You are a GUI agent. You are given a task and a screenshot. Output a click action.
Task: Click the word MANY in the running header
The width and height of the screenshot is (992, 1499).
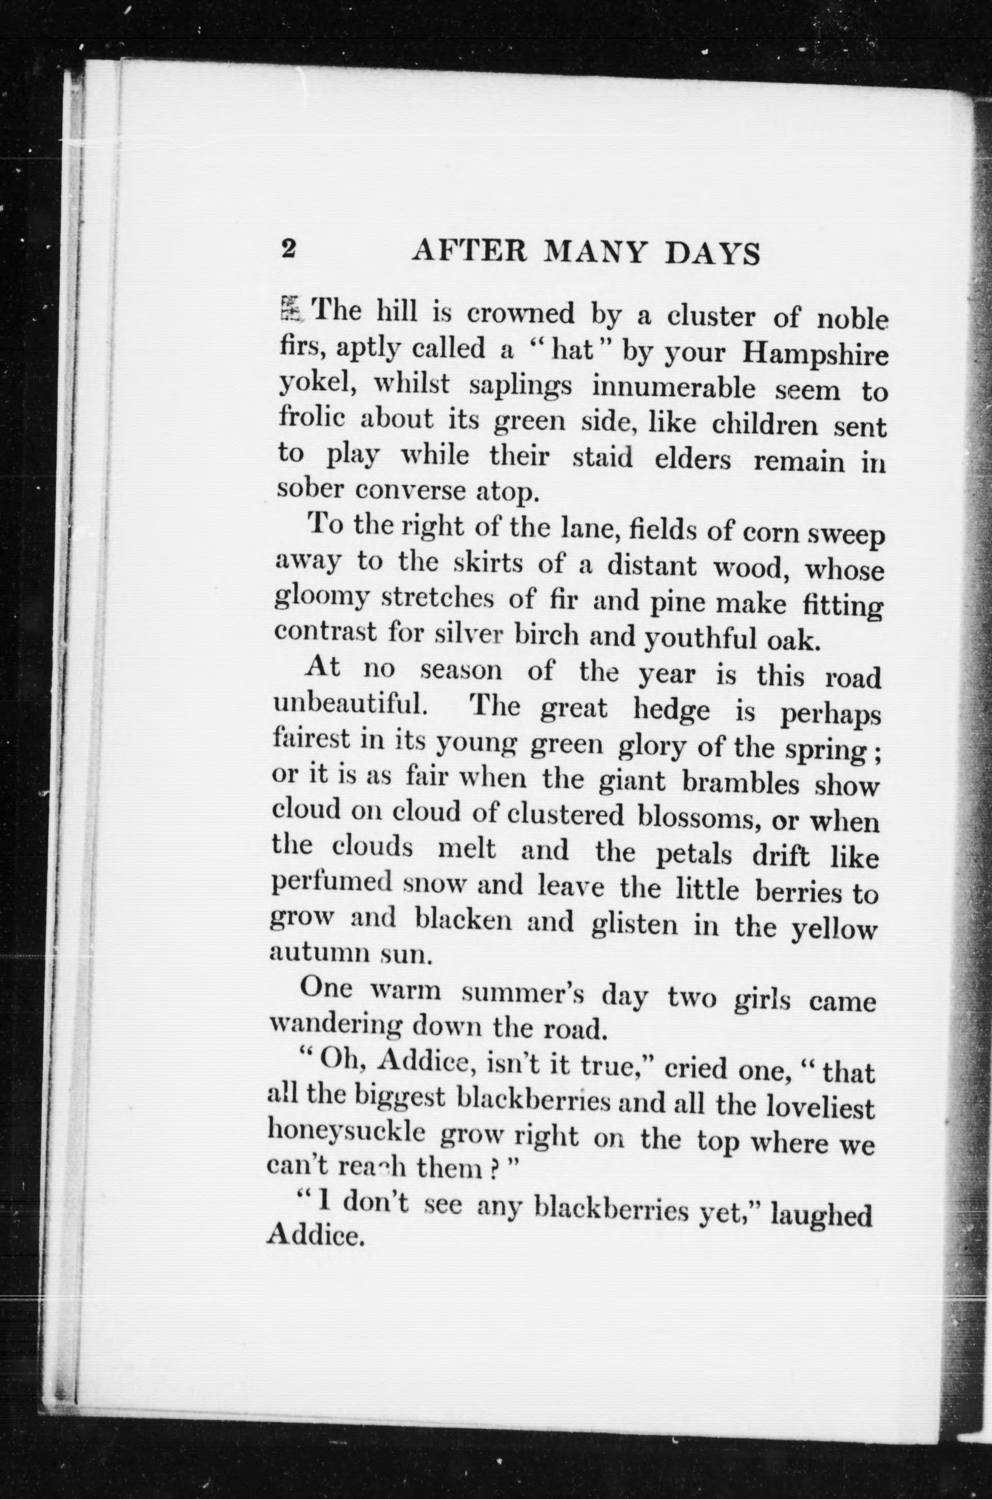[x=595, y=252]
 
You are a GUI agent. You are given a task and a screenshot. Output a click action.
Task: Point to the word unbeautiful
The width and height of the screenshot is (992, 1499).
[x=348, y=704]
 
